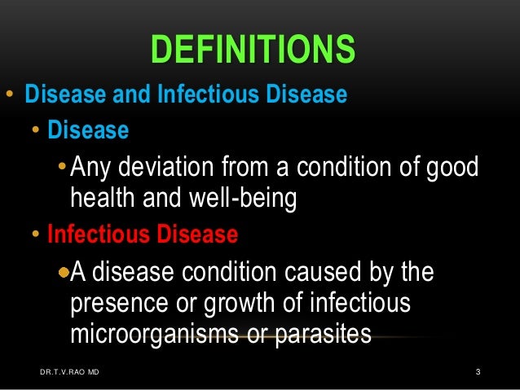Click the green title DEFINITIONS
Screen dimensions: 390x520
pos(253,50)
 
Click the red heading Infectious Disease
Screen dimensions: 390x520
pos(143,235)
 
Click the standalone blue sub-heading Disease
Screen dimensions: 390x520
pos(88,130)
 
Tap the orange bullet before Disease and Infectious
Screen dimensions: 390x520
pos(9,95)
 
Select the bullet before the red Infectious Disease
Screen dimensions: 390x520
pos(37,236)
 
